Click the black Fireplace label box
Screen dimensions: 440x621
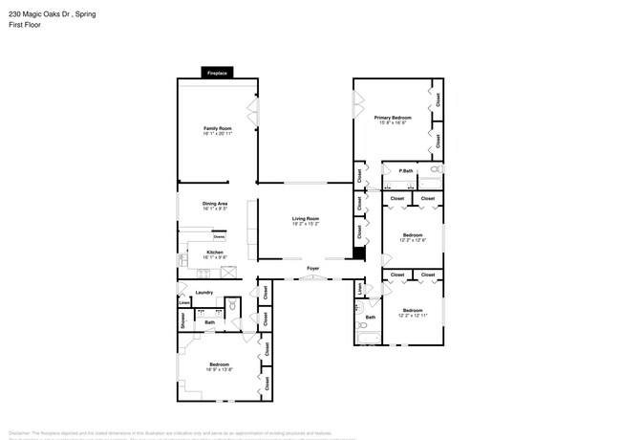click(x=216, y=72)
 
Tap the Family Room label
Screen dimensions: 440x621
click(x=217, y=128)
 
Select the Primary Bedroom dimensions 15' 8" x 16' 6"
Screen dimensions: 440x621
click(x=393, y=122)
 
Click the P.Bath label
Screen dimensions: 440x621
click(x=405, y=171)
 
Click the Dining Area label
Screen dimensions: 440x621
click(x=215, y=203)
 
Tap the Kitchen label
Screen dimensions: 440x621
click(x=215, y=252)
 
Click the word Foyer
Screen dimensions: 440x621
click(x=311, y=269)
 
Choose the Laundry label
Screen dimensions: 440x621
click(x=203, y=293)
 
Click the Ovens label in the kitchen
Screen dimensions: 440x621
click(x=219, y=235)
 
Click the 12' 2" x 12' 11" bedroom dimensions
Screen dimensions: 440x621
click(x=412, y=315)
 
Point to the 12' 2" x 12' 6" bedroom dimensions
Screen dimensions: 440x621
click(x=412, y=239)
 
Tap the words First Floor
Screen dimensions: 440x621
click(x=20, y=27)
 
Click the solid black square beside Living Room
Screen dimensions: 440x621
click(x=359, y=253)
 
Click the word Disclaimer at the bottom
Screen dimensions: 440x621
click(x=21, y=431)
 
